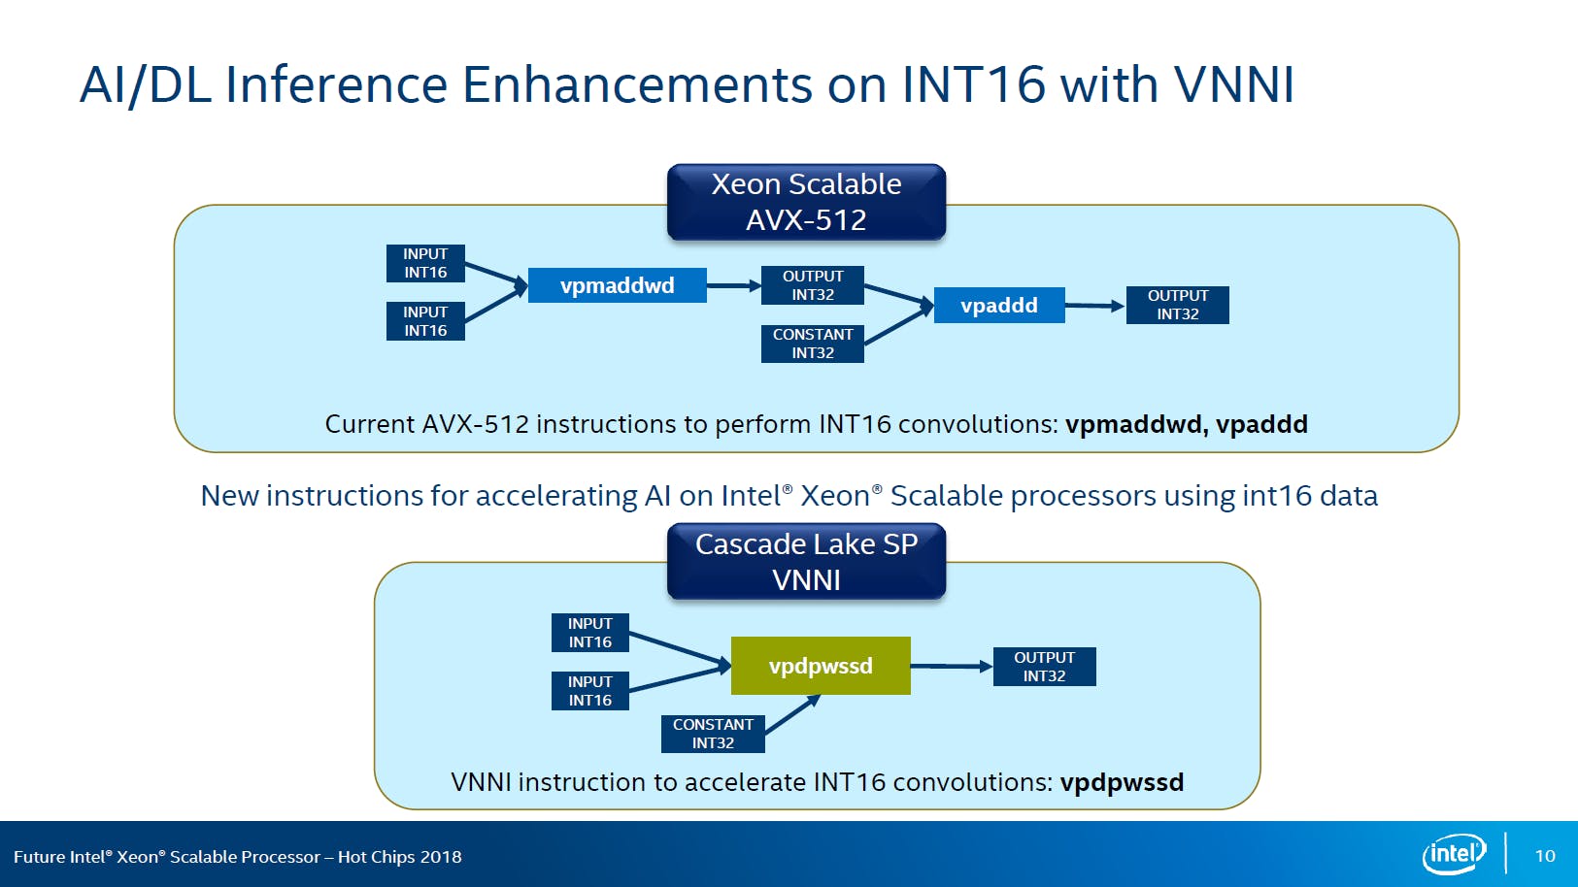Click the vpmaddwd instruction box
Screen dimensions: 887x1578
[617, 285]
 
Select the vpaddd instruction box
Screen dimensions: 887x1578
[998, 306]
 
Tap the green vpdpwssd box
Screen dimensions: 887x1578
[821, 666]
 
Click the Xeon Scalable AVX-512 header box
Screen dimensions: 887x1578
[806, 202]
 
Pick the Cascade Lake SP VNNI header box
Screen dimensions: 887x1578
[806, 561]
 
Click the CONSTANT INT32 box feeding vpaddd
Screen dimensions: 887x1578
[813, 344]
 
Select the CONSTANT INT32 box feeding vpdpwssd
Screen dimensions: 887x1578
[713, 734]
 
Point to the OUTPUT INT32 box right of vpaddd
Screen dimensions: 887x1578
[1177, 305]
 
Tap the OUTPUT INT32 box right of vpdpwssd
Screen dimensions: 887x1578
[1044, 667]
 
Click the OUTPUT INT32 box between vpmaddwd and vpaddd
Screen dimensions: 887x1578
[813, 285]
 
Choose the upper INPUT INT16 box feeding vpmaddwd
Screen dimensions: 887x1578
[425, 263]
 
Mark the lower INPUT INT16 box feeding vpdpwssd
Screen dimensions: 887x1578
[589, 691]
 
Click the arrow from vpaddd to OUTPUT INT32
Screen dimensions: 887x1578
[1094, 306]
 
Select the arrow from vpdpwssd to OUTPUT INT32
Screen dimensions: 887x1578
[951, 666]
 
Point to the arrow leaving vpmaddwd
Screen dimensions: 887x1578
[733, 285]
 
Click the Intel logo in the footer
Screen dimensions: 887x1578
[1454, 854]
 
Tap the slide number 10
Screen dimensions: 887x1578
[1544, 856]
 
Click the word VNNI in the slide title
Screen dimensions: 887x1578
[1233, 84]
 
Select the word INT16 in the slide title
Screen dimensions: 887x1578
[973, 84]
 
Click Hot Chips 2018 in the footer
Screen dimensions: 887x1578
[399, 857]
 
